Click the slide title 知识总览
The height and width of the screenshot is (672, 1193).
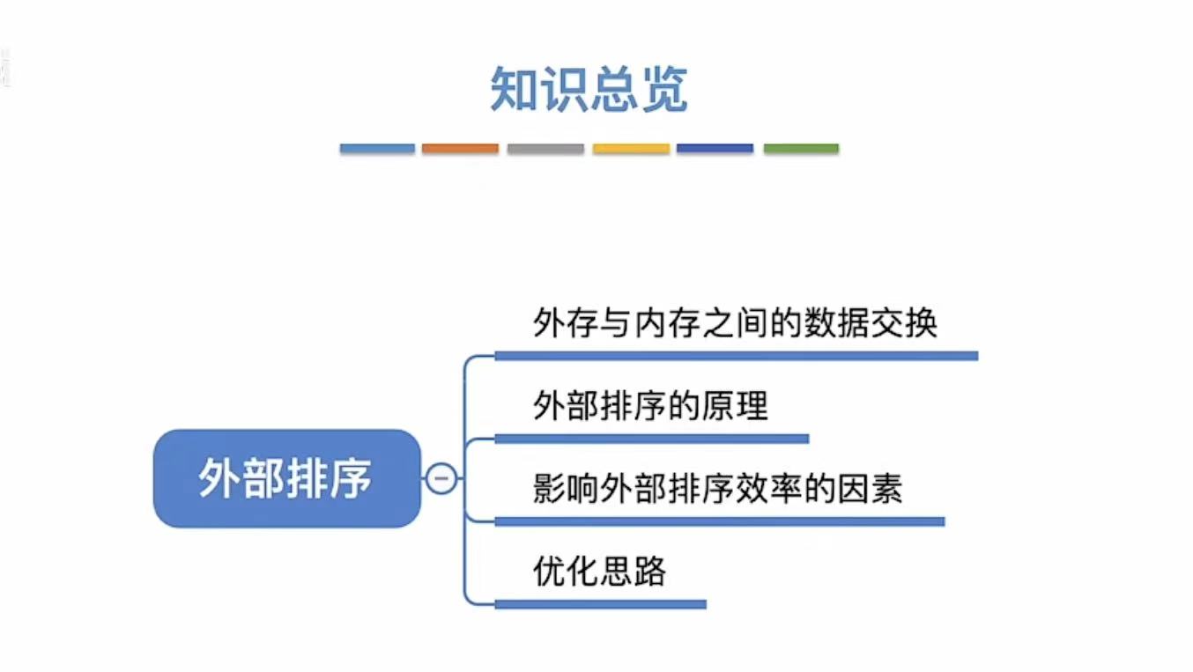click(589, 90)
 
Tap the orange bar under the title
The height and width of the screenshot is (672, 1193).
click(460, 149)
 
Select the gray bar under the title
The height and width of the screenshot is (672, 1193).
click(545, 149)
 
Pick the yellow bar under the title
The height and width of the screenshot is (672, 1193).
click(631, 149)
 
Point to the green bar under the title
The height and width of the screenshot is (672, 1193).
click(801, 149)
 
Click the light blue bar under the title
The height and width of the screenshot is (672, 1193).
click(377, 149)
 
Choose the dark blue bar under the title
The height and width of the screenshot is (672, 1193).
click(715, 149)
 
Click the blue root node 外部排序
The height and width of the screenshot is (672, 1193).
click(286, 478)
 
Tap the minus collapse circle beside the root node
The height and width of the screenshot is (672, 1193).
click(441, 479)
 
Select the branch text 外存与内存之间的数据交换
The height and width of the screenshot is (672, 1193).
click(735, 324)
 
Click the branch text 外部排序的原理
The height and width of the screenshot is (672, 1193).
click(650, 406)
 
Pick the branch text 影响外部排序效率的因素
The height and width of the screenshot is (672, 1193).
click(717, 489)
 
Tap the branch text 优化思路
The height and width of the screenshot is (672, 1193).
click(599, 572)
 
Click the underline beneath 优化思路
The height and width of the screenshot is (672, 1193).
click(600, 604)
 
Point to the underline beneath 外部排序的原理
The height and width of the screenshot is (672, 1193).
click(651, 439)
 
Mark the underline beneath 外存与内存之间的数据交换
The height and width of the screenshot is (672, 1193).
click(736, 356)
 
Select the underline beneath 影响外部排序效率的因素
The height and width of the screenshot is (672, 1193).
click(719, 521)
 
